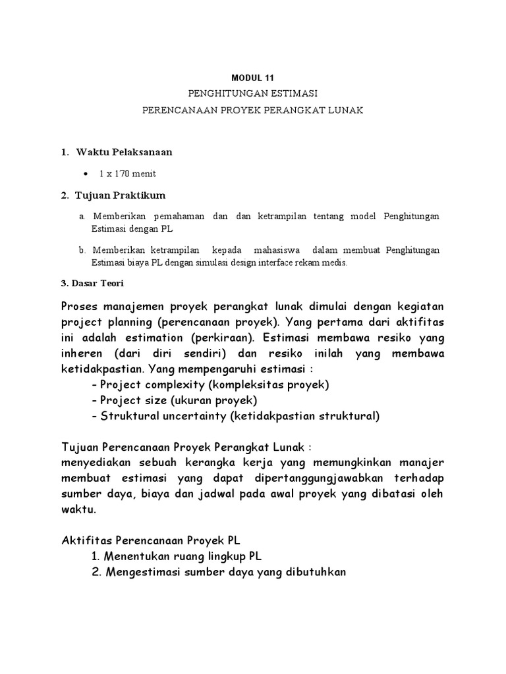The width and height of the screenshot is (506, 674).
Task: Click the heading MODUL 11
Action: point(253,77)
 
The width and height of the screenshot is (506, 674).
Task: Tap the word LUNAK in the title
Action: point(342,111)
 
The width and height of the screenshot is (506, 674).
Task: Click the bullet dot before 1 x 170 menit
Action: point(87,174)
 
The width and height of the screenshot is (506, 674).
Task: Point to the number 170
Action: point(123,174)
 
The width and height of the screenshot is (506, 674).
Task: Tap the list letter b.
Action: point(82,251)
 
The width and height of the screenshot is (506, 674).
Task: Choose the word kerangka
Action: point(215,463)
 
